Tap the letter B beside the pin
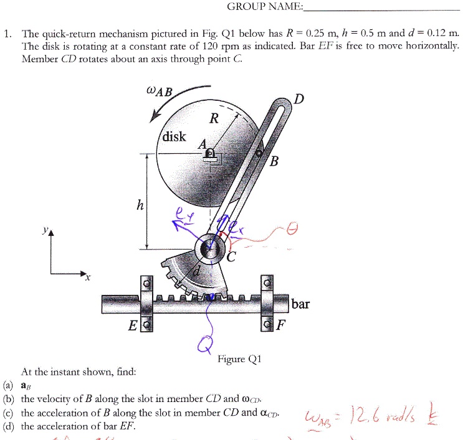click(x=275, y=163)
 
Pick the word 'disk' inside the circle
click(x=174, y=136)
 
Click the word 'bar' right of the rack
click(x=301, y=304)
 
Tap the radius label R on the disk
click(x=214, y=119)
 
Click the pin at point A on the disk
click(x=211, y=153)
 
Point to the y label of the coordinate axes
click(x=44, y=230)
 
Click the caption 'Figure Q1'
click(x=240, y=359)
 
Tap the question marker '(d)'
click(x=9, y=426)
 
